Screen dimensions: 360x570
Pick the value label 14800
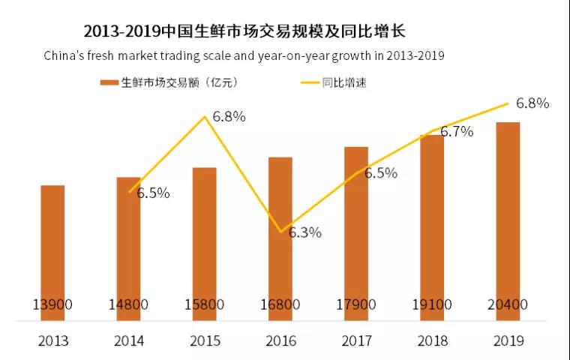[x=128, y=305]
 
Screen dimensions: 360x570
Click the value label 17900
[x=356, y=305]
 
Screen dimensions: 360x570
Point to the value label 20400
[x=508, y=305]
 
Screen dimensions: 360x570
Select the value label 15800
[x=204, y=305]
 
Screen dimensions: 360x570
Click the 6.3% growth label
[x=304, y=232]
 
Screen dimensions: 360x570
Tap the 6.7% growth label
[x=456, y=132]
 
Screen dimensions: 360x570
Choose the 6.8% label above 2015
[x=229, y=117]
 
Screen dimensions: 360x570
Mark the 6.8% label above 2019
[x=532, y=103]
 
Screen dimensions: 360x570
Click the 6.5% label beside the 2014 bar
[x=153, y=193]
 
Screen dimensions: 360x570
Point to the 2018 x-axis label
[x=432, y=340]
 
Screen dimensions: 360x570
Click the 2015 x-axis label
[x=204, y=340]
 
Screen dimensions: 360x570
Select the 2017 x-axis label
[x=356, y=340]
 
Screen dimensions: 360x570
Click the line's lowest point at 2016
[x=280, y=231]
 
